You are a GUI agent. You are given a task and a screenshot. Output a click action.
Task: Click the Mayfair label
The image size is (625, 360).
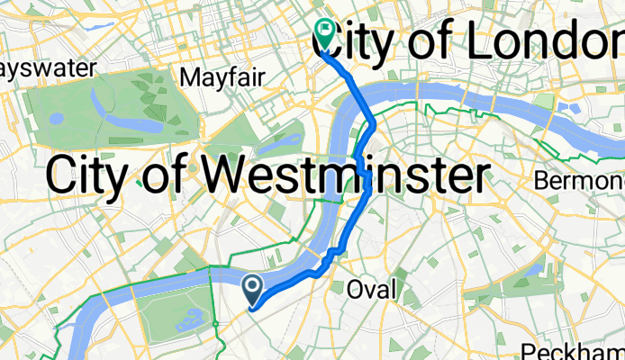click(x=222, y=77)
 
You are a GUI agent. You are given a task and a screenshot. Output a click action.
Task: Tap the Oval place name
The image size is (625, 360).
click(x=373, y=289)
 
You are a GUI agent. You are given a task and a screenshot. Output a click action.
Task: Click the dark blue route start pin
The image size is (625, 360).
click(x=253, y=288)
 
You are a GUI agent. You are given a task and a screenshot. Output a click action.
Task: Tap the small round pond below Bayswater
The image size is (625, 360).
click(x=56, y=118)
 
